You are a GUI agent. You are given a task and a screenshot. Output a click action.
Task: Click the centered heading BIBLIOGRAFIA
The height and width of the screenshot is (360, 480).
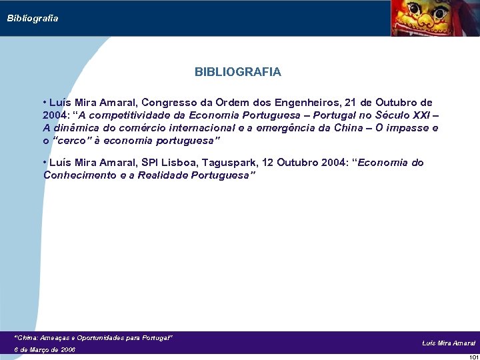(x=238, y=71)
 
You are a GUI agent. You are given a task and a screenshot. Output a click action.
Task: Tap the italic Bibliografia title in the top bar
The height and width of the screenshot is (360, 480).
(x=33, y=18)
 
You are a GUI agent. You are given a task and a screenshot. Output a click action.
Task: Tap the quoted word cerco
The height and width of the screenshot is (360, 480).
(x=73, y=141)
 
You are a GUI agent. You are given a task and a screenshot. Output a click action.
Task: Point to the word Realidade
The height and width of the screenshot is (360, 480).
(x=163, y=175)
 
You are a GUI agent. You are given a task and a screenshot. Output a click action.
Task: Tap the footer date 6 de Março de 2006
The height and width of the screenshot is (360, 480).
(x=45, y=349)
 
